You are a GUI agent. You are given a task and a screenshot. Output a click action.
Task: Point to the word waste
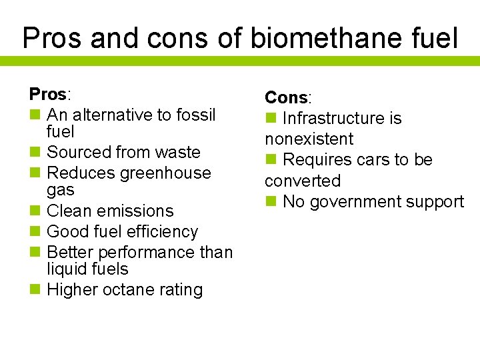coord(176,152)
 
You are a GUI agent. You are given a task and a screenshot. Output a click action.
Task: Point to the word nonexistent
coord(309,139)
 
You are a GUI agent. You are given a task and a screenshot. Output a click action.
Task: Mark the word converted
coord(302,181)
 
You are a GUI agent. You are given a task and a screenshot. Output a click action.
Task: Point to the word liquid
coord(66,269)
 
